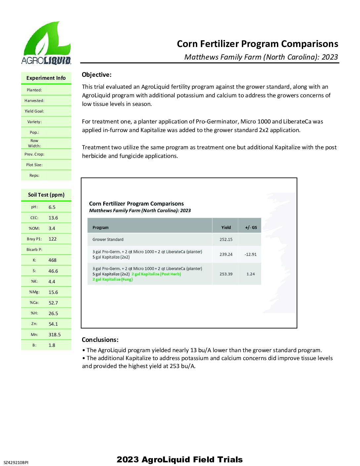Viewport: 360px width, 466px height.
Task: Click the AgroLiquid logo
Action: pyautogui.click(x=46, y=43)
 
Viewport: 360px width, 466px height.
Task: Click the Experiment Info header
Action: pyautogui.click(x=46, y=78)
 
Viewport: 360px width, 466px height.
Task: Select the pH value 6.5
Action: pyautogui.click(x=52, y=207)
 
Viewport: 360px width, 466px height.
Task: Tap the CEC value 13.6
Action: pyautogui.click(x=53, y=218)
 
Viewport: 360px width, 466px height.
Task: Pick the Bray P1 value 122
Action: pyautogui.click(x=53, y=239)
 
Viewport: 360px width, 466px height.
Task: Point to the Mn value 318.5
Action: pyautogui.click(x=55, y=335)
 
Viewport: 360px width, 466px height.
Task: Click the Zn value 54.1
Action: pyautogui.click(x=53, y=324)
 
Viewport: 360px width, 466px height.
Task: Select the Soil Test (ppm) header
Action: pyautogui.click(x=46, y=195)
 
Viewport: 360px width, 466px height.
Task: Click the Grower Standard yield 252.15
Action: pyautogui.click(x=226, y=239)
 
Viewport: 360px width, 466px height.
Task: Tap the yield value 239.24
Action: pyautogui.click(x=226, y=255)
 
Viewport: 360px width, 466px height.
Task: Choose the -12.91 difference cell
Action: pyautogui.click(x=250, y=255)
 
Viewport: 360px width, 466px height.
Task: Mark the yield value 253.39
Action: pyautogui.click(x=226, y=274)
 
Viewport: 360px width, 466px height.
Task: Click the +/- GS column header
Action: pyautogui.click(x=251, y=227)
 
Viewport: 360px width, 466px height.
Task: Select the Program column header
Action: pyautogui.click(x=101, y=227)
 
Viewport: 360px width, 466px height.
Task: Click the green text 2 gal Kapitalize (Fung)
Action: pyautogui.click(x=112, y=279)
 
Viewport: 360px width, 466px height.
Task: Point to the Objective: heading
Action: pyautogui.click(x=97, y=75)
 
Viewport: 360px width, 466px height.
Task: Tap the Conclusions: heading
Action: pyautogui.click(x=100, y=340)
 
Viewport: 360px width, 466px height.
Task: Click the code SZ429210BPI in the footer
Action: pyautogui.click(x=16, y=462)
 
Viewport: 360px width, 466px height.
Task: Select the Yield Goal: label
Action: pyautogui.click(x=34, y=111)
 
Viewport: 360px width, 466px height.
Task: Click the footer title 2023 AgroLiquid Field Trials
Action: pyautogui.click(x=180, y=459)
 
